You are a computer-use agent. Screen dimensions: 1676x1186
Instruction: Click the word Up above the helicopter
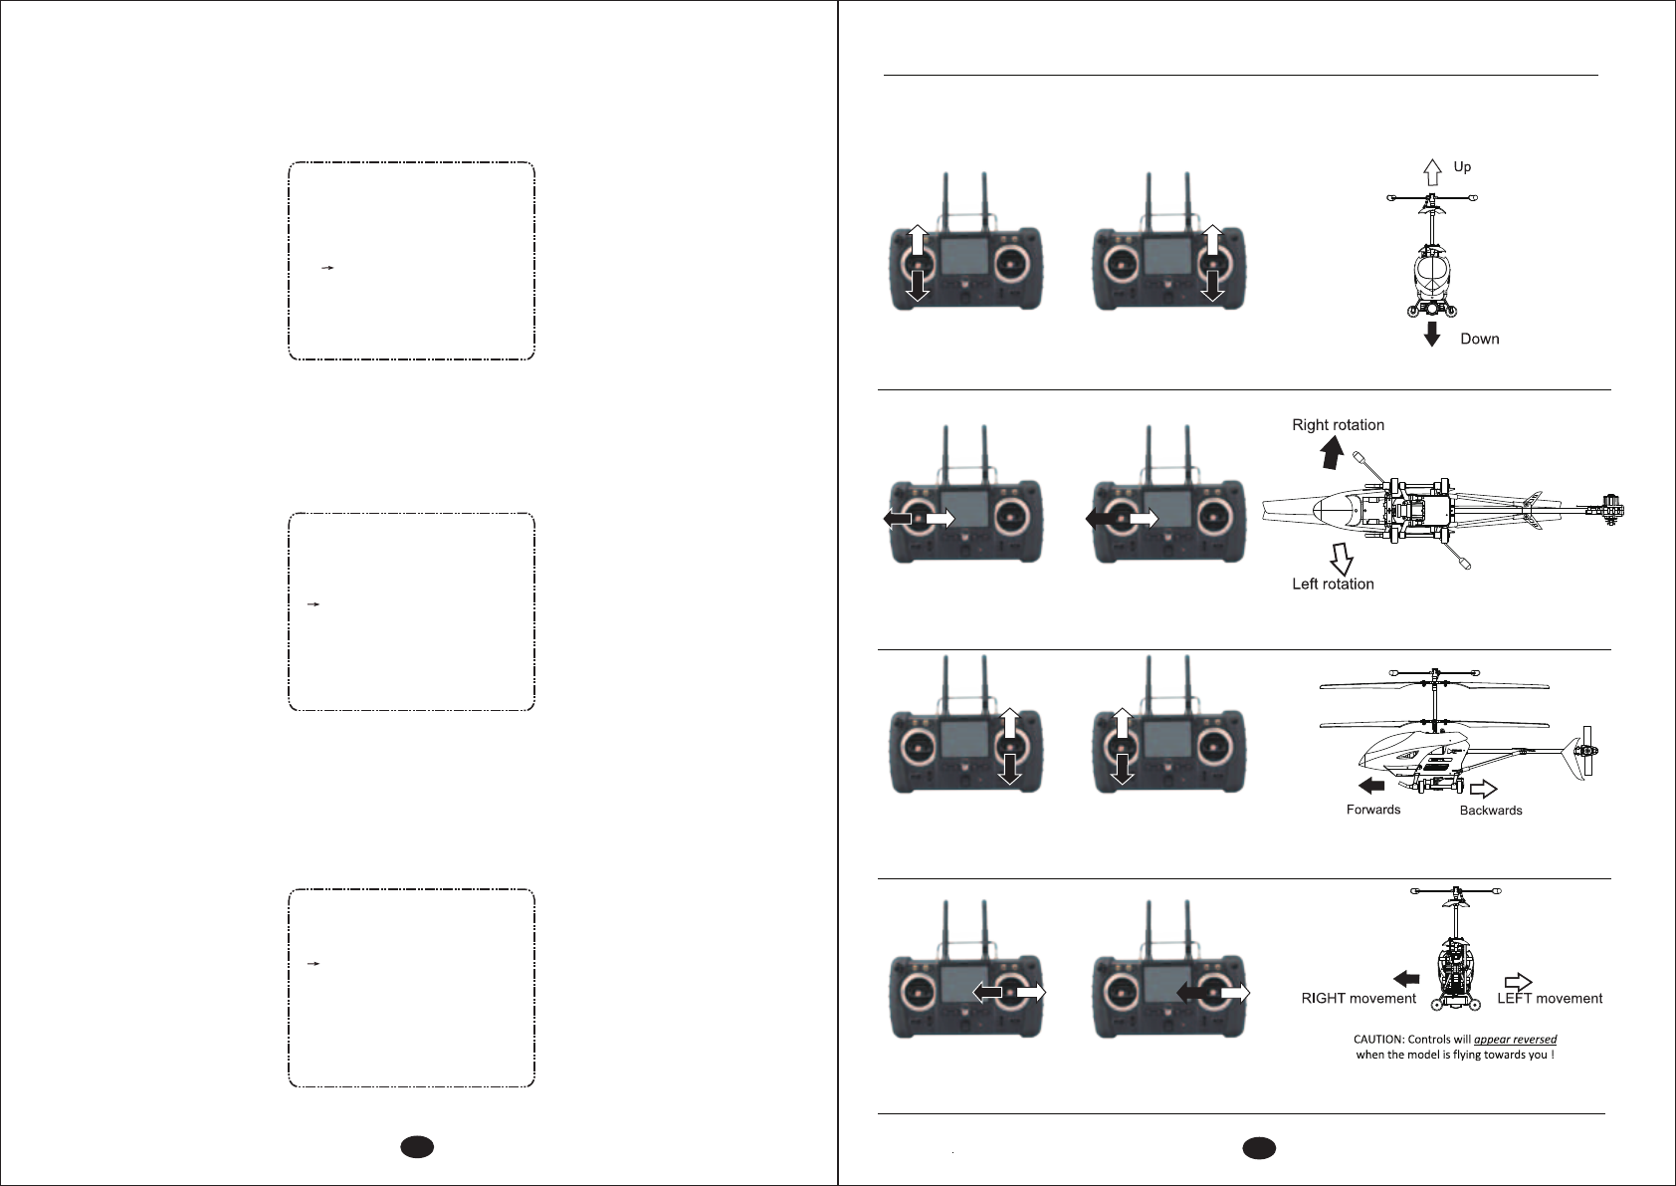(1462, 167)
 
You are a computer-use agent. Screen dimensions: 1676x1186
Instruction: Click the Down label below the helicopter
(1479, 340)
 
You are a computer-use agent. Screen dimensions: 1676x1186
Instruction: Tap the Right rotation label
(1338, 425)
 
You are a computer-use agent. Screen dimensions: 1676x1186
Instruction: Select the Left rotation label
(1333, 585)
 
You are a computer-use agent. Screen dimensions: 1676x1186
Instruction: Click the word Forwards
(1372, 811)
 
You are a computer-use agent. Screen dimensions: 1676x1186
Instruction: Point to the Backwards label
(1490, 811)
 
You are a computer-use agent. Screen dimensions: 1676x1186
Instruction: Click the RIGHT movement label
(1359, 999)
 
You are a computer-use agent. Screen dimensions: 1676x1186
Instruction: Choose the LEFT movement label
(1550, 999)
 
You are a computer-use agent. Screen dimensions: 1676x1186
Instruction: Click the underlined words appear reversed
(1515, 1040)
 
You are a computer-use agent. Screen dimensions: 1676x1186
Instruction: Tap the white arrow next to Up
(1432, 172)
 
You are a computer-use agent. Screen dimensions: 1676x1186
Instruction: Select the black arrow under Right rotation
(1331, 453)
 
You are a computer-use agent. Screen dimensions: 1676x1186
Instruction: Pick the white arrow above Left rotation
(1340, 558)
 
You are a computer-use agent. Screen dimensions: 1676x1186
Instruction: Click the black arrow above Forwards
(1371, 786)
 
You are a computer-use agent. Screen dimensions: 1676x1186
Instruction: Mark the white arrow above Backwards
(1483, 789)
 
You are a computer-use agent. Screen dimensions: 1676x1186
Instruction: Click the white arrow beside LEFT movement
(1518, 981)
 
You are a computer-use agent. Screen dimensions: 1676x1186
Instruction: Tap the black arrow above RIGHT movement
(1406, 978)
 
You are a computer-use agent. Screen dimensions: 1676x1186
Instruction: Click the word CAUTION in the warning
(1377, 1040)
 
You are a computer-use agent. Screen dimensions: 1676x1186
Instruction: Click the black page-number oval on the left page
(419, 1147)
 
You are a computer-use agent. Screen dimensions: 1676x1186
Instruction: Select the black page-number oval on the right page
(1259, 1147)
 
